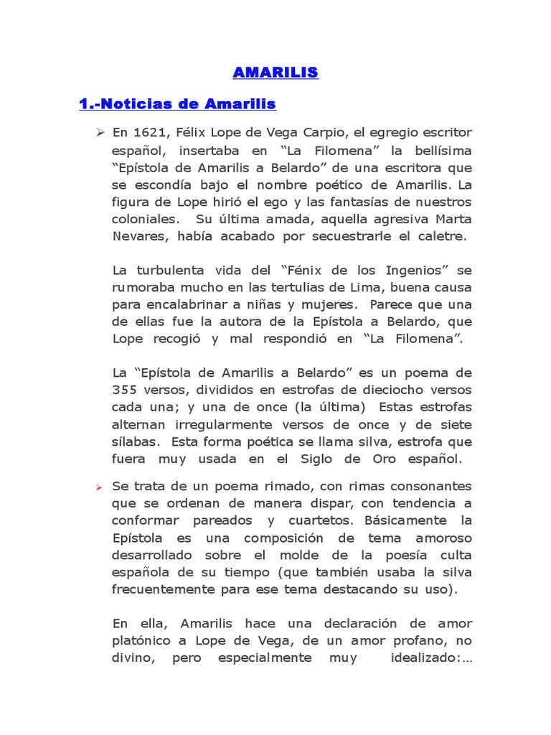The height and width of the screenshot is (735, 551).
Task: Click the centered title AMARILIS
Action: point(275,72)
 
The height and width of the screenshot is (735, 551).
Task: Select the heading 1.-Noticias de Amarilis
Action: point(177,104)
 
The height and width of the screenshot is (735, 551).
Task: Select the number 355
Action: point(130,390)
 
